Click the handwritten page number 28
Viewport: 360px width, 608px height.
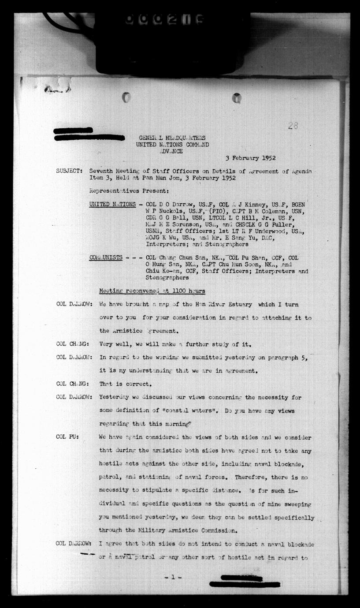[x=293, y=126]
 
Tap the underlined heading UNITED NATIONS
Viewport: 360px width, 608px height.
[x=112, y=205]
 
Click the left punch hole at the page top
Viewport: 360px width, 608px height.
[x=126, y=97]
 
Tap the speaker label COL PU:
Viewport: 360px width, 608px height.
[x=67, y=437]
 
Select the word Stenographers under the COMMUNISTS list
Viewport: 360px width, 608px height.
[x=167, y=278]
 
